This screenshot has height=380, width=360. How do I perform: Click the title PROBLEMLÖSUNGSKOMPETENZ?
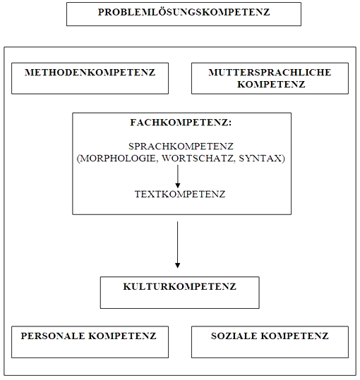[x=184, y=13]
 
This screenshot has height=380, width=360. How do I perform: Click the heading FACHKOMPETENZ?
[x=181, y=122]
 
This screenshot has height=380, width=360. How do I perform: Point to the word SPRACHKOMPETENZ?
[x=181, y=146]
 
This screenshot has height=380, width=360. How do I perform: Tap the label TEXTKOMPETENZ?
[x=180, y=194]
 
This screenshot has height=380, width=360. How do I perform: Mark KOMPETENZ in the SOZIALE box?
[x=296, y=336]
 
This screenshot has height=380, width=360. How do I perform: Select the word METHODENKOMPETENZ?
[x=89, y=73]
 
